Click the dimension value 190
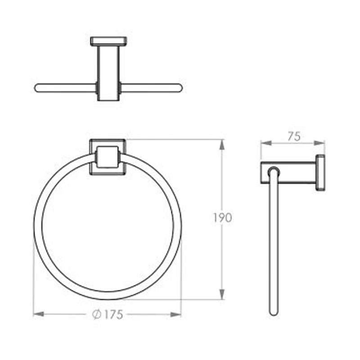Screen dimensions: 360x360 tap(223, 218)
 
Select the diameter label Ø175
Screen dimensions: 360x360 tap(108, 315)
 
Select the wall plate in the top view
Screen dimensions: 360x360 tap(108, 41)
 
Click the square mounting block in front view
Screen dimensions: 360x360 tap(108, 157)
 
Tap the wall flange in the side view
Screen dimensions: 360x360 tap(320, 173)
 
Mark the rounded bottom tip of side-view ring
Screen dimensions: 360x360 tap(273, 311)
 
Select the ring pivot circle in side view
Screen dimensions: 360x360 tap(273, 171)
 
